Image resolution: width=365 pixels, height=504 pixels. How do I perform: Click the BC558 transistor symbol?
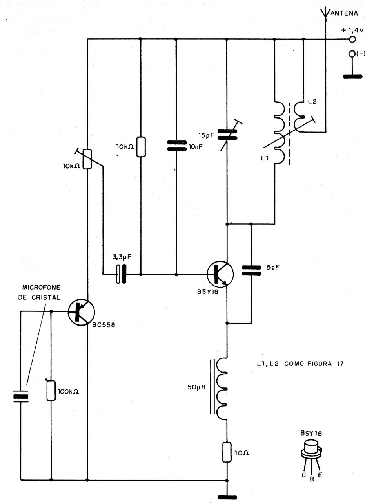82,312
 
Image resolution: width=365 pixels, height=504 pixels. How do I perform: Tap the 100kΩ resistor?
51,389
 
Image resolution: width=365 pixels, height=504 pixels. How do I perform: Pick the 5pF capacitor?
251,270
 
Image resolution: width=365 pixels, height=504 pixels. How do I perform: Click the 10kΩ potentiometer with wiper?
88,159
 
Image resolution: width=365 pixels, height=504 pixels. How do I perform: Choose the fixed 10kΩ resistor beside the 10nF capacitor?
140,147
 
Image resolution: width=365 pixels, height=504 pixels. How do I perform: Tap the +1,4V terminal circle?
352,39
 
